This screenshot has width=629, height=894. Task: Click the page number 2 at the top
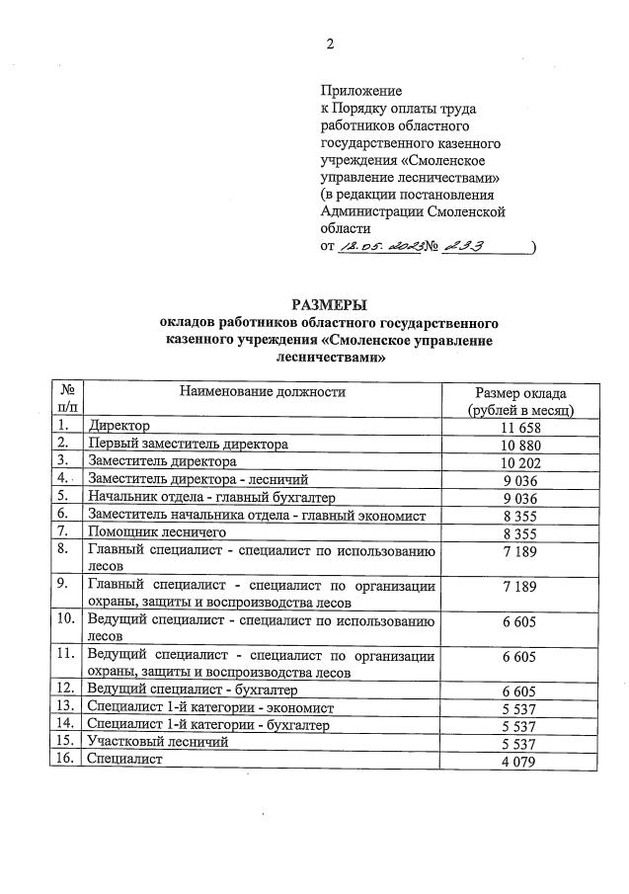click(x=330, y=43)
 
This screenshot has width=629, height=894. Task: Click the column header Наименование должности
click(x=262, y=392)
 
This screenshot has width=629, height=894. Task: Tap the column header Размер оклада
click(x=519, y=393)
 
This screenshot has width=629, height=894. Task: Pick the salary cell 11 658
click(x=519, y=426)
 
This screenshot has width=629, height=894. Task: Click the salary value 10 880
click(x=519, y=444)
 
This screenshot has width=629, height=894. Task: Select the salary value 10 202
click(x=519, y=461)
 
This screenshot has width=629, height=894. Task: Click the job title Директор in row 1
click(x=118, y=426)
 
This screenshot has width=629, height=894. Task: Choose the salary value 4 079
click(x=519, y=760)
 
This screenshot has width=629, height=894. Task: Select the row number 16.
click(x=65, y=759)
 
